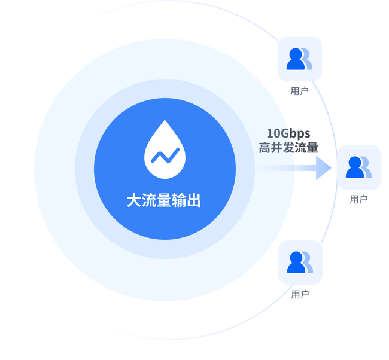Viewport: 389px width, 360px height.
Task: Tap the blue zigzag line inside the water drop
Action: coord(165,155)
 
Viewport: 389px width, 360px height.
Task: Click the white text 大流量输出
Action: coord(163,200)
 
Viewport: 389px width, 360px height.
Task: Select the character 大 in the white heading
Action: coord(134,200)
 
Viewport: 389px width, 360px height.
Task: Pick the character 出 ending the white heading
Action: coord(193,200)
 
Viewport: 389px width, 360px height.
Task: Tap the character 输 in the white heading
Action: coord(178,200)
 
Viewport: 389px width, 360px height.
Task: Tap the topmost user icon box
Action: coord(299,59)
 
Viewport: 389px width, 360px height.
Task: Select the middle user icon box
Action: coord(358,167)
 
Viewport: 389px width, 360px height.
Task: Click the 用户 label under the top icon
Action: coord(299,91)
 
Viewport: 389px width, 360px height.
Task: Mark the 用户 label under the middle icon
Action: coord(358,199)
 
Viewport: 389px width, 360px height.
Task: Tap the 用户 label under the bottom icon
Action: coord(299,294)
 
